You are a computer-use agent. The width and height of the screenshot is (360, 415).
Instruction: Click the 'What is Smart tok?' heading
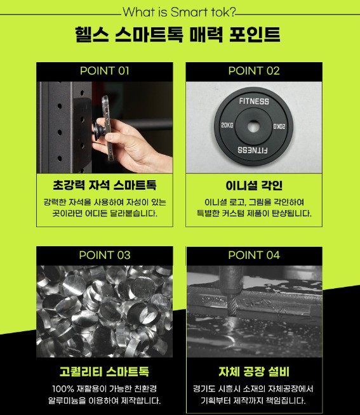tap(179, 12)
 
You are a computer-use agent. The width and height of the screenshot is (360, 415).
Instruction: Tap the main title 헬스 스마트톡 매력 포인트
tap(178, 34)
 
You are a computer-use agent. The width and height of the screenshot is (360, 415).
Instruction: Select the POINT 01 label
tap(105, 70)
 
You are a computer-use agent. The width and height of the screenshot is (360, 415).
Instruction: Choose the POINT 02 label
tap(254, 70)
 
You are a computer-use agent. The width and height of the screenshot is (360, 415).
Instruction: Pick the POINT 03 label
tap(105, 255)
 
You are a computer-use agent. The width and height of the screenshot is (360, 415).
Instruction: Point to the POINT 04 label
tap(254, 255)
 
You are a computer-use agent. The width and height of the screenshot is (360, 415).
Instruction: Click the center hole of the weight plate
tap(253, 126)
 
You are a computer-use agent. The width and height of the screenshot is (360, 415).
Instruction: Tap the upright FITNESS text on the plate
tap(254, 101)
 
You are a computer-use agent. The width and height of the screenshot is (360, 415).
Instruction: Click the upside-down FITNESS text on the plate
tap(253, 150)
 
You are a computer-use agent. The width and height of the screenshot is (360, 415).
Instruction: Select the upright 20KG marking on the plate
tap(227, 125)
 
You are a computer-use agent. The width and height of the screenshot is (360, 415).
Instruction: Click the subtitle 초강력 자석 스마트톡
tap(105, 185)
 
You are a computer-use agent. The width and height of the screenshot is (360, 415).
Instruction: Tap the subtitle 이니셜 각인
tap(254, 185)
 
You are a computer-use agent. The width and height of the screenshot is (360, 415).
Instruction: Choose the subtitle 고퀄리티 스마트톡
tap(105, 371)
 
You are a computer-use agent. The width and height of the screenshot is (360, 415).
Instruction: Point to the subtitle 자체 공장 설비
tap(254, 371)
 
